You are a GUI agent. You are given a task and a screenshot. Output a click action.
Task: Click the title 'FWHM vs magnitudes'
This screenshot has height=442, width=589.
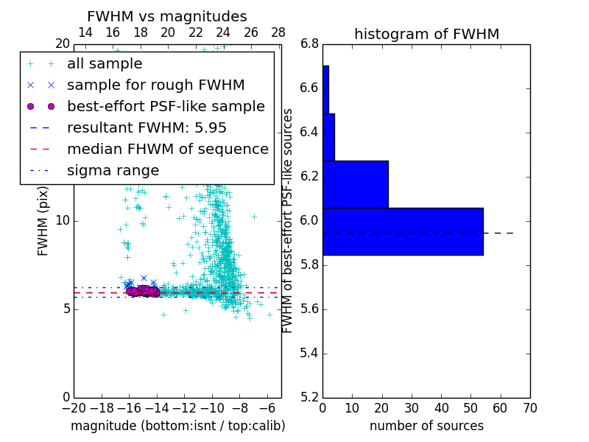166,16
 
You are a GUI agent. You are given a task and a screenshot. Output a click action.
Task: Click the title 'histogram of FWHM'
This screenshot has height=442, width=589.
426,34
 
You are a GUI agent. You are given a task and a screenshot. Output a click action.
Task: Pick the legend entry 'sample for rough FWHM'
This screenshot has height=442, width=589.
155,85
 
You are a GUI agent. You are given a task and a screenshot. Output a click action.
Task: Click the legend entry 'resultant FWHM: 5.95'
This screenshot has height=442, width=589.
147,127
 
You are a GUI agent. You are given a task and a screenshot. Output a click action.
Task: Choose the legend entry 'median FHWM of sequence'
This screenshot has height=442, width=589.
167,149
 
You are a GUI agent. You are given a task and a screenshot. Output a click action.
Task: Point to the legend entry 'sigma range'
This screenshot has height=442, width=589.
113,170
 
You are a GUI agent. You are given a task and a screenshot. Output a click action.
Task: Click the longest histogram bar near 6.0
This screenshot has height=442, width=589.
403,231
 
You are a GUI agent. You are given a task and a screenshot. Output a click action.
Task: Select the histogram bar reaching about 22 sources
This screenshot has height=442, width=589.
355,184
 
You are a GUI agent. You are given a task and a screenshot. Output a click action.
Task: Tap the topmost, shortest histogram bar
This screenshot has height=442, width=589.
325,89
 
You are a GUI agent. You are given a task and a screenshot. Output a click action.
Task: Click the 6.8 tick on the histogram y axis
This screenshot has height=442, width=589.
309,44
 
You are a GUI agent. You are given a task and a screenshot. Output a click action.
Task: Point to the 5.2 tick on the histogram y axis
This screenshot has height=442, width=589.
309,397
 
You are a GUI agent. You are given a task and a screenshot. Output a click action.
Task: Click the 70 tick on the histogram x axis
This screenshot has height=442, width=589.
530,407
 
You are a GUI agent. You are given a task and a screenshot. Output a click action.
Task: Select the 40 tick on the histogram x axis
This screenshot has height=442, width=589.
441,407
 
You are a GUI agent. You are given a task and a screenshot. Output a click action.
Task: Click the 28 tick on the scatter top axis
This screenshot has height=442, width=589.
278,32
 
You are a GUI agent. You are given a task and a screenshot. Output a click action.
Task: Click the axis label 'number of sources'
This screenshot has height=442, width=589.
426,426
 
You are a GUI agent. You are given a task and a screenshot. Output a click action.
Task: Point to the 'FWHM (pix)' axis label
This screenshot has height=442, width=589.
43,220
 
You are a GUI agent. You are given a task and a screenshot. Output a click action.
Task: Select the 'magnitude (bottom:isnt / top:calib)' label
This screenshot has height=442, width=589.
177,426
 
